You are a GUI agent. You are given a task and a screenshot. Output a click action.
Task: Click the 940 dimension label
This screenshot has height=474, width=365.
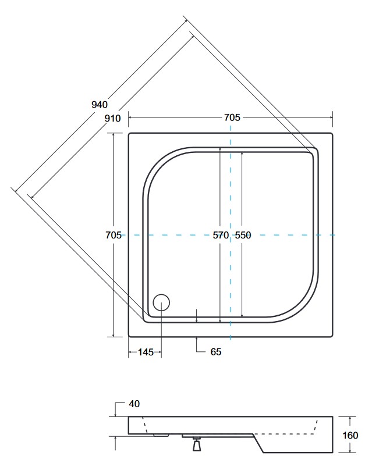coord(100,105)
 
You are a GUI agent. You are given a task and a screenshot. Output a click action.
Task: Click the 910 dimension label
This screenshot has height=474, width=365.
coord(112,118)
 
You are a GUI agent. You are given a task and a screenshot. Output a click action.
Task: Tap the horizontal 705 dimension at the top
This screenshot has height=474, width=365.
coord(232,117)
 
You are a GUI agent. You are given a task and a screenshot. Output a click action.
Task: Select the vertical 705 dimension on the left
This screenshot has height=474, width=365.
coord(114,235)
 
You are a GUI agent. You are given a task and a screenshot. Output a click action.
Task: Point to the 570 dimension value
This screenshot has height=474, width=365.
coord(221,235)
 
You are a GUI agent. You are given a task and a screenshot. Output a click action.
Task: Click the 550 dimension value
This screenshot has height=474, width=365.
coord(243,235)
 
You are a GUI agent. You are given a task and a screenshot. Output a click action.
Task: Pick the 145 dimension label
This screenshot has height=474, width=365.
coord(146,352)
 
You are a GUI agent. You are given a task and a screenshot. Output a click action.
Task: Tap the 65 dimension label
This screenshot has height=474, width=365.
coord(216,352)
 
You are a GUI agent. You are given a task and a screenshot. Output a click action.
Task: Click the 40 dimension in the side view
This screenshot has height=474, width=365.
coord(134,404)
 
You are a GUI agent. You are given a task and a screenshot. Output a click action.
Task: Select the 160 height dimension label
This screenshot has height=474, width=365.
coord(350,435)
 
